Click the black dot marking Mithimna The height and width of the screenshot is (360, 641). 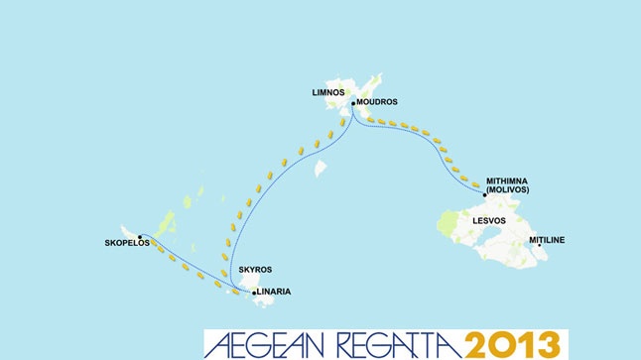tap(484, 181)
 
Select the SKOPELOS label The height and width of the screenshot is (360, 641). tap(125, 241)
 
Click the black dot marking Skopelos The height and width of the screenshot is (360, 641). tap(140, 237)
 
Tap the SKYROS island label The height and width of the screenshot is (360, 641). tap(255, 270)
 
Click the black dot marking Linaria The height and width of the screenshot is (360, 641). tap(254, 293)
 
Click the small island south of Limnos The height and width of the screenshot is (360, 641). tap(320, 170)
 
